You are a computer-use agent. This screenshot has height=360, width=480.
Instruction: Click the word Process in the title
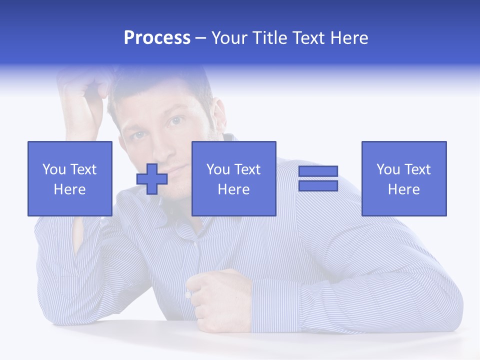tap(157, 38)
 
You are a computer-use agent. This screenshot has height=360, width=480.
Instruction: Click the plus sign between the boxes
tap(152, 178)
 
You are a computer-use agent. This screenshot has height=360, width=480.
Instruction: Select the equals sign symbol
tap(318, 178)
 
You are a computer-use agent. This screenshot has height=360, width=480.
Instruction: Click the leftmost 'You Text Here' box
tap(70, 178)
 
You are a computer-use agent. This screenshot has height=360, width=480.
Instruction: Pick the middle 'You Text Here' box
tap(233, 178)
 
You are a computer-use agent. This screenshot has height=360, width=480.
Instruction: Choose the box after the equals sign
tap(404, 178)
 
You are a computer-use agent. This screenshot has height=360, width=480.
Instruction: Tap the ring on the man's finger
tap(188, 294)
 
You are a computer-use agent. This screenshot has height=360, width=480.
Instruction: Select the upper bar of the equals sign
tap(318, 171)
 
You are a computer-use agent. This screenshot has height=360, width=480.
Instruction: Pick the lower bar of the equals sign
tap(318, 186)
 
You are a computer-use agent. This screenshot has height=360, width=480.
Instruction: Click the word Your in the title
tap(227, 38)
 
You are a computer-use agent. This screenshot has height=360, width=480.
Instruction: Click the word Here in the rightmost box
tap(404, 189)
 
